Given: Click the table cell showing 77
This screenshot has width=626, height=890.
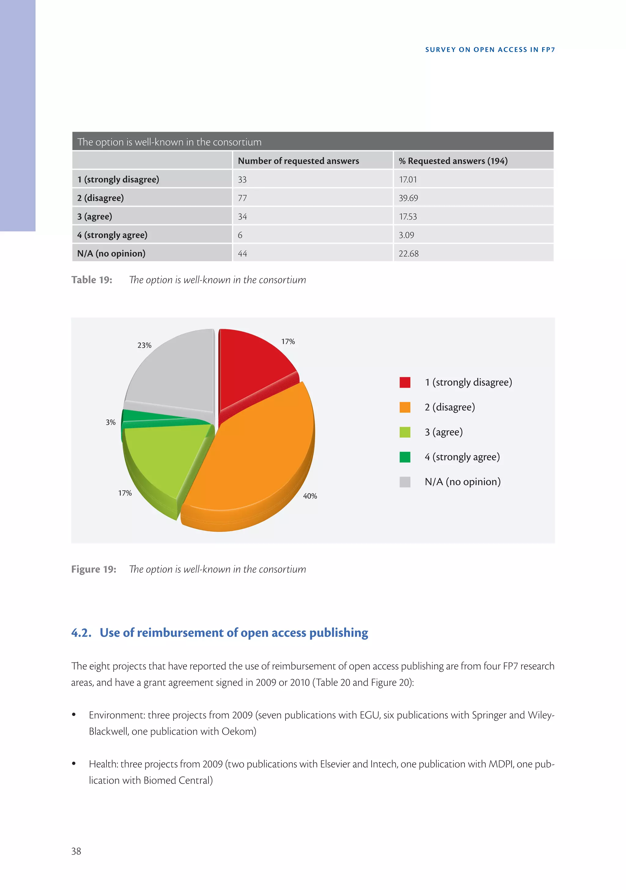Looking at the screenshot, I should [242, 198].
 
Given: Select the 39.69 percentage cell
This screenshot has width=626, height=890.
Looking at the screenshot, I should [408, 198].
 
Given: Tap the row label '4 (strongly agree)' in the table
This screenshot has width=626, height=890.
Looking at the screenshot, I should [112, 235].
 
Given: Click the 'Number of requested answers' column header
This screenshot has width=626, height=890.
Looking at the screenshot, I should [298, 161].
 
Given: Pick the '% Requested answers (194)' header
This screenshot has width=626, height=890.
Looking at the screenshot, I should [453, 161].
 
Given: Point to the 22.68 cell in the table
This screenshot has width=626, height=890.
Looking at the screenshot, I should [408, 254].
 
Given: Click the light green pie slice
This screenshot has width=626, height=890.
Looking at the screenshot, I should [163, 457].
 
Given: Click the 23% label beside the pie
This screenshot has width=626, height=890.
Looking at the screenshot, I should [145, 345].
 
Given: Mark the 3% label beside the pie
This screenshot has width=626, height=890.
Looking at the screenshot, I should [111, 423].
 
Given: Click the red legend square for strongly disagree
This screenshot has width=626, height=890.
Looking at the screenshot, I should [405, 382].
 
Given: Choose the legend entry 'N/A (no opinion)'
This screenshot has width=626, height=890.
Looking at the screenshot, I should [462, 482].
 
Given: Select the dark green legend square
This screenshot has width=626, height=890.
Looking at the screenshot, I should [405, 457].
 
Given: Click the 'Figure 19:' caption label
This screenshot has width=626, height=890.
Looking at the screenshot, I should [94, 569].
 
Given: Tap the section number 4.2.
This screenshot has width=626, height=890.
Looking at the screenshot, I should [81, 633].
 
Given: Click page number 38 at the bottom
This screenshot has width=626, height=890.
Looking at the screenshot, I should [76, 851].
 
